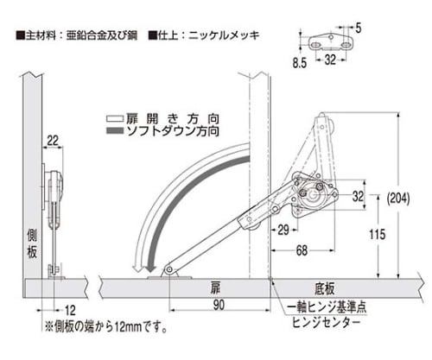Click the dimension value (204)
(x=398, y=199)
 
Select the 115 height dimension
(x=378, y=234)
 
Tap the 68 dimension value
(x=302, y=250)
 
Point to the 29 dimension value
(x=283, y=230)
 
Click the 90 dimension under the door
(x=219, y=306)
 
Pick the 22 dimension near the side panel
(x=53, y=141)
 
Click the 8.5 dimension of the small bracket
(x=300, y=63)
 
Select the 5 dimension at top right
(x=359, y=28)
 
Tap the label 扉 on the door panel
(x=215, y=288)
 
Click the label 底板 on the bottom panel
(x=325, y=288)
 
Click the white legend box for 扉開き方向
(x=115, y=119)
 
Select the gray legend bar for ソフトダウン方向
(x=115, y=131)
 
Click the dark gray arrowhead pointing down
(x=150, y=268)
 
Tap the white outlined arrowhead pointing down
(x=137, y=268)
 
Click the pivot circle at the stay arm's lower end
(x=169, y=269)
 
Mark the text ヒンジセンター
(x=327, y=322)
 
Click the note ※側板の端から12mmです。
(x=106, y=327)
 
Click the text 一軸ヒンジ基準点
(x=327, y=307)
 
